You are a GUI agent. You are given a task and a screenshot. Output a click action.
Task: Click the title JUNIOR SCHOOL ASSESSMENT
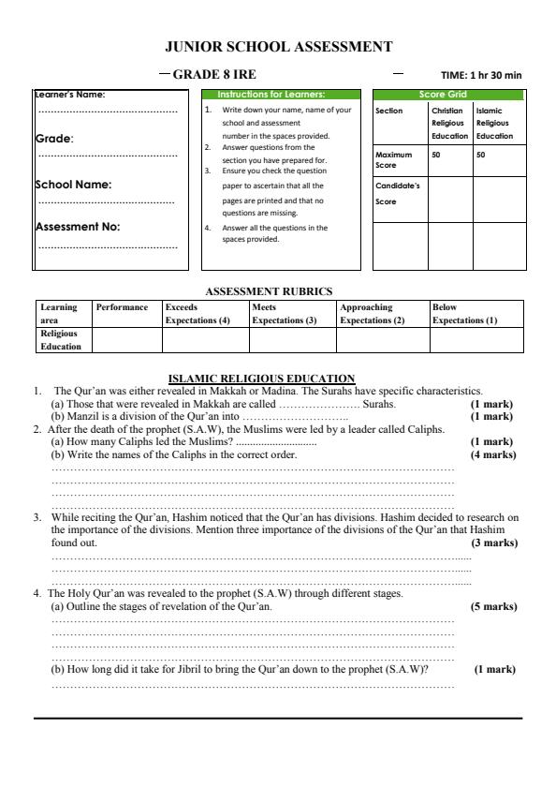tap(278, 46)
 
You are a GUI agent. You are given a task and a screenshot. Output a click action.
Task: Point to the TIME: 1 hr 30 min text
tap(481, 74)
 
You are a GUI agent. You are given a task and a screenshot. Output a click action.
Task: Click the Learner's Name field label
tap(71, 94)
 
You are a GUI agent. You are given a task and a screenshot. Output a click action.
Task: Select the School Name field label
tap(73, 185)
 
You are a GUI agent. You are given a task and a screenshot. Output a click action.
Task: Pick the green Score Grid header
tap(447, 95)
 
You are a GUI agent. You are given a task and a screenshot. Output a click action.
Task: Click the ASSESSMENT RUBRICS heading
tap(269, 290)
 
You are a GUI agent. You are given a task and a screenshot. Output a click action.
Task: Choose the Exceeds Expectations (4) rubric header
tap(197, 313)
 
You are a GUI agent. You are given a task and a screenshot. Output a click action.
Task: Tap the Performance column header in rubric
tap(122, 306)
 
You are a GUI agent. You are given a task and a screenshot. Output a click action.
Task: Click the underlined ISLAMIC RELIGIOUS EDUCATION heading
tap(261, 378)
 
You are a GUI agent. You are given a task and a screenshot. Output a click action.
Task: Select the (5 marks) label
tap(492, 606)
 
